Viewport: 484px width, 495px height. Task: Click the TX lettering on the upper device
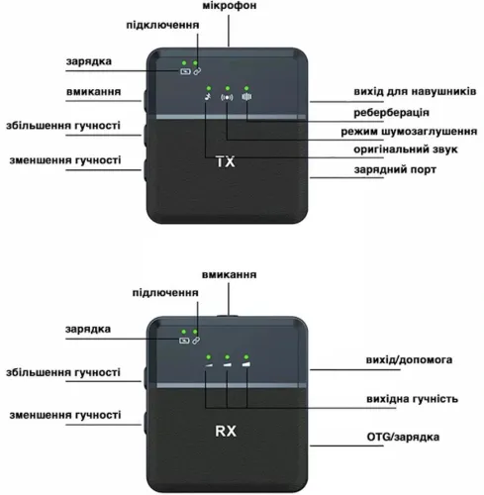(226, 161)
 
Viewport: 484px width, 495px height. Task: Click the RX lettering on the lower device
(226, 431)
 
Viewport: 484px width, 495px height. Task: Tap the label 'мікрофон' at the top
(230, 6)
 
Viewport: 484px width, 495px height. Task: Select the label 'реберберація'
(391, 113)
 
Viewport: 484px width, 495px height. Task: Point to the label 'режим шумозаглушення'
(409, 132)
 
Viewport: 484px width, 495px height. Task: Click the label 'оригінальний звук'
(406, 149)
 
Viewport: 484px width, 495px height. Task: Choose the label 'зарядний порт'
(395, 169)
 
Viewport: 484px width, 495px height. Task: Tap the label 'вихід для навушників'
(415, 91)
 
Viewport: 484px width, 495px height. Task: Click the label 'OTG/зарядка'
(403, 437)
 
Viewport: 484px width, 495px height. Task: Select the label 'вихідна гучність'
(412, 399)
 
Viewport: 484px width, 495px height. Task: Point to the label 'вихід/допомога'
(409, 359)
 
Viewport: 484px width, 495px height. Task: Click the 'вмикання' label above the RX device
(229, 275)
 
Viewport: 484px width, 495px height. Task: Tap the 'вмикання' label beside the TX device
(94, 92)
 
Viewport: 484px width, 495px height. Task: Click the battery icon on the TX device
(185, 71)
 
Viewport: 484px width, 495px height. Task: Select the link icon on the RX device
(196, 341)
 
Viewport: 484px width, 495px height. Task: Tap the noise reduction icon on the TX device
(227, 97)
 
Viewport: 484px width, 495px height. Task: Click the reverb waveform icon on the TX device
(246, 97)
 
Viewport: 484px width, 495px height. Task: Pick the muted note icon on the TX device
(208, 97)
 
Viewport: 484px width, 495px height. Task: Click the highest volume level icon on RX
(246, 364)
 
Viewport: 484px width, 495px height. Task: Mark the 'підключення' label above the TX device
(162, 26)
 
